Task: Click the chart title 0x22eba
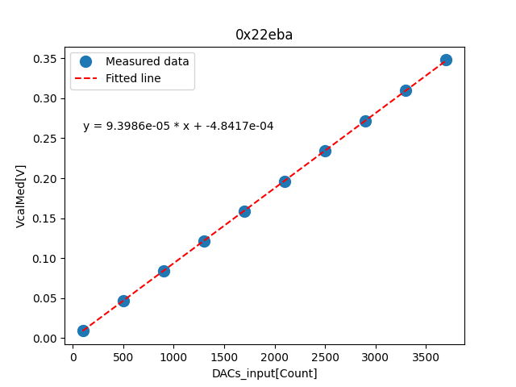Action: click(x=264, y=35)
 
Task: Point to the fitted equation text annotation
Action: click(x=178, y=127)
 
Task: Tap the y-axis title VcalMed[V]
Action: click(x=21, y=196)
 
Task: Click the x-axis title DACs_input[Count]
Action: click(x=264, y=373)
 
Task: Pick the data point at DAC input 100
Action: click(x=83, y=331)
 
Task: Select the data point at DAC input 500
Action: click(x=123, y=301)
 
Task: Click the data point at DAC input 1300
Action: click(x=204, y=241)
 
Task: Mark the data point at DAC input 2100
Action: click(x=285, y=181)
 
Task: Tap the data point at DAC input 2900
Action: click(x=365, y=121)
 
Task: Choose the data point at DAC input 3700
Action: click(x=446, y=60)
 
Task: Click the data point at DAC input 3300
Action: click(x=406, y=90)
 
